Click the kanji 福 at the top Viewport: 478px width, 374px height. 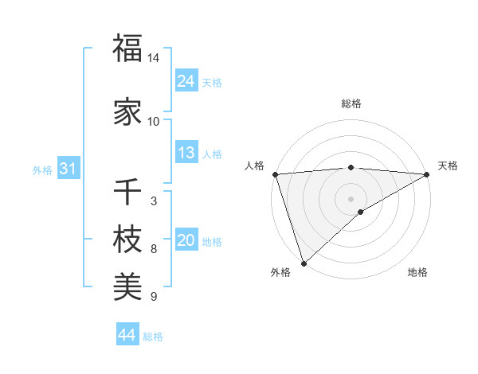[127, 49]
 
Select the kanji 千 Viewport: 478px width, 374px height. [127, 192]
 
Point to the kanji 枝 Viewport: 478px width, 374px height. [127, 240]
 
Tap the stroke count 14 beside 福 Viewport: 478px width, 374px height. [154, 58]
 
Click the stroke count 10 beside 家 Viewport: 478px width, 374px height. [154, 122]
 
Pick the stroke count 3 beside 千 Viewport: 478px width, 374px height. [153, 201]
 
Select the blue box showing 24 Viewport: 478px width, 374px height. [186, 81]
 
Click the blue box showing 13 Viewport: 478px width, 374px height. [186, 153]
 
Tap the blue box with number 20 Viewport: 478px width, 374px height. [186, 240]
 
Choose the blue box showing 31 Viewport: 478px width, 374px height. [67, 169]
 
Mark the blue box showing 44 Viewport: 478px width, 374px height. [127, 335]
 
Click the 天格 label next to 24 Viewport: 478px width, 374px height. [212, 82]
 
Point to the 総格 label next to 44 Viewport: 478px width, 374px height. [153, 337]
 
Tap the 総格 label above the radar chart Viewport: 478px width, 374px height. [351, 103]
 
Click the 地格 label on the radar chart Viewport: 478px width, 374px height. [417, 272]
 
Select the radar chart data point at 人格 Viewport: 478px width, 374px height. [275, 173]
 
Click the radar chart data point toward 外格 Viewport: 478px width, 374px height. [304, 263]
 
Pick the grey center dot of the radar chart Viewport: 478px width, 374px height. [351, 198]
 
